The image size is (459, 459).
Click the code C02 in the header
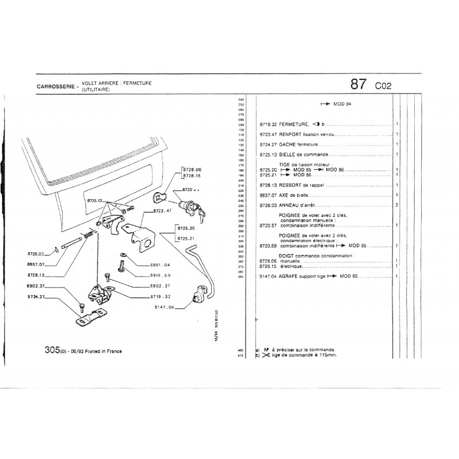point(383,86)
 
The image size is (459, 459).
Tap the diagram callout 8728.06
point(191,170)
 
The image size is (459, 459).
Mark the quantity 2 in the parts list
point(397,205)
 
